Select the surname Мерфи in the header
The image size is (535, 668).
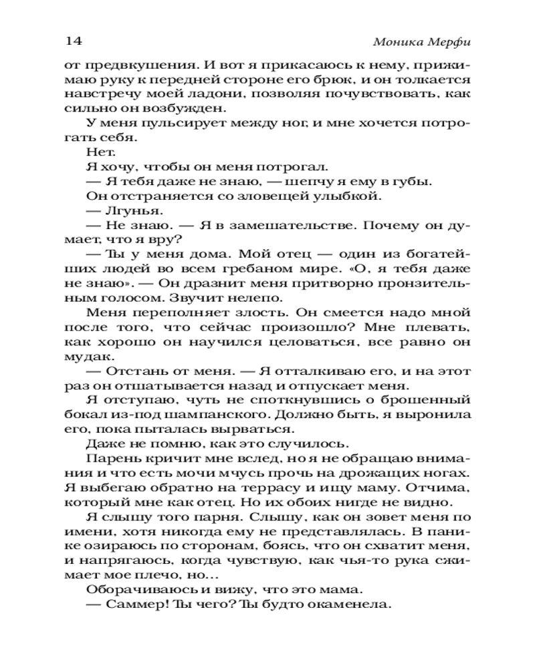click(450, 41)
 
